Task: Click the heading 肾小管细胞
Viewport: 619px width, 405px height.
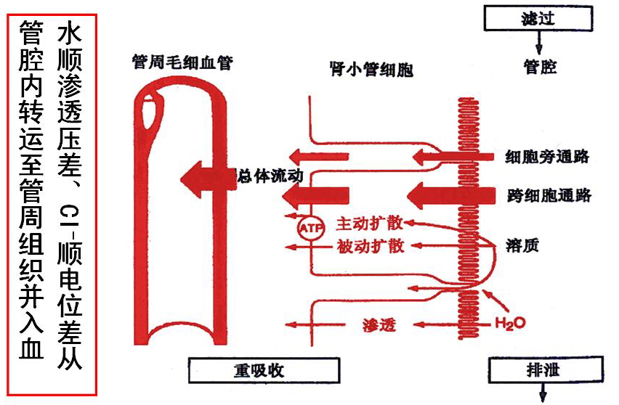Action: pos(371,70)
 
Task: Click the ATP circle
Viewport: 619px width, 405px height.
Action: pos(307,228)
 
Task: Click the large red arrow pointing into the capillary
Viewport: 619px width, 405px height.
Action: pos(207,176)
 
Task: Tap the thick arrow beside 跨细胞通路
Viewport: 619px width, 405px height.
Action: pos(443,195)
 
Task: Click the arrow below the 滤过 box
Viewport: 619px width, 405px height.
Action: pos(538,41)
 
